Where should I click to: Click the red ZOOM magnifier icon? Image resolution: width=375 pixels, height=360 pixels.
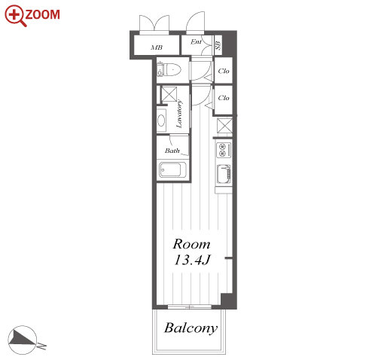[14, 16]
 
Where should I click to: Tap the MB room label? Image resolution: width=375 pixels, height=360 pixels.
[157, 47]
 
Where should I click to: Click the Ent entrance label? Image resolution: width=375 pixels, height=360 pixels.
[196, 41]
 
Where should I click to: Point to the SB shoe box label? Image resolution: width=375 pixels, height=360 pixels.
[218, 45]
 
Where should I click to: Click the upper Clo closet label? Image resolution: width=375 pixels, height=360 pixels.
[224, 71]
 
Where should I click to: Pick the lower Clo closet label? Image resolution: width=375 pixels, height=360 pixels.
[224, 98]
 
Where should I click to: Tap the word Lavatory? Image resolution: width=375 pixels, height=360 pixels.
[179, 114]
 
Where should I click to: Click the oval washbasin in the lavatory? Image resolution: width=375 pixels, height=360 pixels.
[161, 121]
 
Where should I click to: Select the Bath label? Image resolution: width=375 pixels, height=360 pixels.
[172, 151]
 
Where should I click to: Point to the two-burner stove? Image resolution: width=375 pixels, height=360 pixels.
[224, 150]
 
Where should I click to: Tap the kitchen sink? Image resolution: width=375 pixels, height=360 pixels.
[224, 174]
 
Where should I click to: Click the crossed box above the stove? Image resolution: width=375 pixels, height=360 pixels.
[224, 126]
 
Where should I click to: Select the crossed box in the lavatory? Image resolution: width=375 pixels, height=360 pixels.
[169, 94]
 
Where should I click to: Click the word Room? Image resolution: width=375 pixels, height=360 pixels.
[191, 244]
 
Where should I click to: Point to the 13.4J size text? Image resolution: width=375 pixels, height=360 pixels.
[192, 260]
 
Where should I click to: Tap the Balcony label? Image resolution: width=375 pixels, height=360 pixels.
[191, 328]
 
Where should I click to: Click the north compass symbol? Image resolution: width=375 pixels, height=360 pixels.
[22, 340]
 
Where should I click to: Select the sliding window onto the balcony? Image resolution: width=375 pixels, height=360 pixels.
[190, 307]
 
